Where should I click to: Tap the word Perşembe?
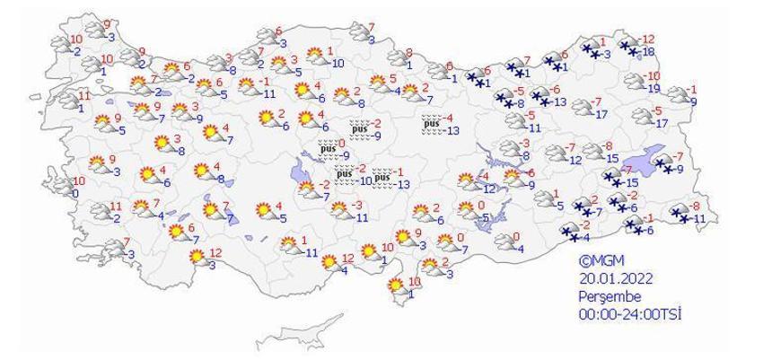click(x=610, y=296)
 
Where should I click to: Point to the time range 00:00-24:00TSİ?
click(x=631, y=314)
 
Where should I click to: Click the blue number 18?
click(x=649, y=53)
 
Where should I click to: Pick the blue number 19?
click(x=653, y=88)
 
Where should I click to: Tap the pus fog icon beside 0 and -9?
click(x=328, y=149)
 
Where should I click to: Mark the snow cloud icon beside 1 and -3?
click(x=590, y=50)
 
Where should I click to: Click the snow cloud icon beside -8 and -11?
click(x=680, y=214)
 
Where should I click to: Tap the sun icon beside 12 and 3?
click(x=197, y=259)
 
